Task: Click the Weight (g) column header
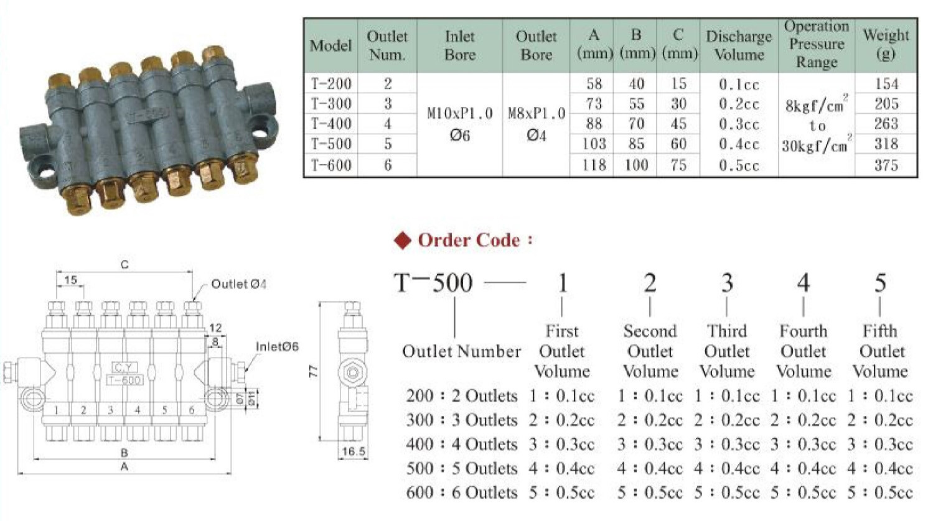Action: [x=886, y=45]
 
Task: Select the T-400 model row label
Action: [x=331, y=124]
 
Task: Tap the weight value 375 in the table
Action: [x=886, y=165]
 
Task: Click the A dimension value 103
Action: [x=594, y=144]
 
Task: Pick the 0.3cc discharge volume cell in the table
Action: [x=739, y=124]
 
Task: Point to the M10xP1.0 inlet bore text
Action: [x=460, y=114]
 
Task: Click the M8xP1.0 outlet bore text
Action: [x=537, y=114]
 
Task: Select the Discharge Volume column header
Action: [x=739, y=45]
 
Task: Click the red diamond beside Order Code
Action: [x=403, y=241]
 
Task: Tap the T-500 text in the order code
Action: [x=434, y=283]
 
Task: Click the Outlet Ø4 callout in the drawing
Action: [x=238, y=284]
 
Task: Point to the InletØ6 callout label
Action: [x=277, y=346]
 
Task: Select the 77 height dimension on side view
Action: [x=314, y=371]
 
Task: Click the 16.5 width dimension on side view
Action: [x=354, y=451]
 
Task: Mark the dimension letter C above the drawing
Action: [x=124, y=265]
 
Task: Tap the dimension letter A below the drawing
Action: [x=124, y=466]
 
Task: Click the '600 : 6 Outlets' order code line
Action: [x=461, y=493]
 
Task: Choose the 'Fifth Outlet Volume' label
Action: [x=880, y=351]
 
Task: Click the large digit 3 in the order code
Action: [x=727, y=283]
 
